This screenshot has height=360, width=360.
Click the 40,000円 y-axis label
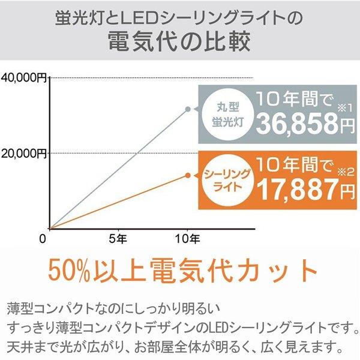[25, 77]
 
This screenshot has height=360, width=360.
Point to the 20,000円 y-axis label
[25, 153]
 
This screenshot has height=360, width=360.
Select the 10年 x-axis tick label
[188, 239]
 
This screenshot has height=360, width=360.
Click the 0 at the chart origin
[43, 239]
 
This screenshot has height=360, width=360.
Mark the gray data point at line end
[188, 109]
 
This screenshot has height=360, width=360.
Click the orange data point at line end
[188, 175]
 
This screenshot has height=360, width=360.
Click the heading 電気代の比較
[180, 44]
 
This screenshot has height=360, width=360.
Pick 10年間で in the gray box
[294, 98]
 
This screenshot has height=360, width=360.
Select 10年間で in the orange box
[294, 163]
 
